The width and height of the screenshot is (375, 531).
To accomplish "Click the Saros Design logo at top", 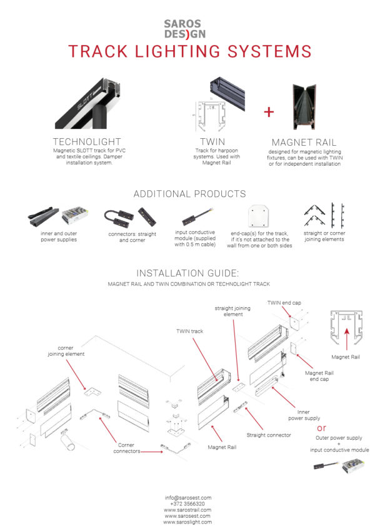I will [x=187, y=28].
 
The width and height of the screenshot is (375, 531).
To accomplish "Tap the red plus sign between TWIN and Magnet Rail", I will [x=269, y=112].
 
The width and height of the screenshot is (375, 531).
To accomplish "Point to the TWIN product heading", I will [x=212, y=142].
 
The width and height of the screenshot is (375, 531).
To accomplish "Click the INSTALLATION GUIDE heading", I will [x=188, y=273].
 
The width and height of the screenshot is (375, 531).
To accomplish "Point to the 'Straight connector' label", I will [x=269, y=435].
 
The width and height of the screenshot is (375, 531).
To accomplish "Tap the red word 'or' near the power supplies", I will [x=322, y=428].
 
